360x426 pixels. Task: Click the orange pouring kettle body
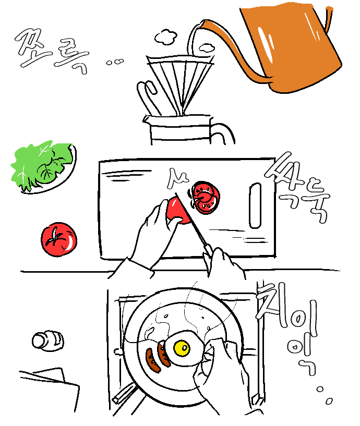click(x=294, y=46)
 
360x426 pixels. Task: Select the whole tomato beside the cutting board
click(x=59, y=240)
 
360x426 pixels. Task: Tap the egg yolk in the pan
click(x=182, y=348)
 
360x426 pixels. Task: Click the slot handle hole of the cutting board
click(x=255, y=205)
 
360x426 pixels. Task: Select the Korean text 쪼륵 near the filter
click(x=52, y=51)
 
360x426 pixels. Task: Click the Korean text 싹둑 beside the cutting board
click(x=298, y=188)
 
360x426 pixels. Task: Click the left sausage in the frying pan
click(x=152, y=360)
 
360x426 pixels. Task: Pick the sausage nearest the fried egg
click(x=164, y=353)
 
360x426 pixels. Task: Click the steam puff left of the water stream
click(x=165, y=36)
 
